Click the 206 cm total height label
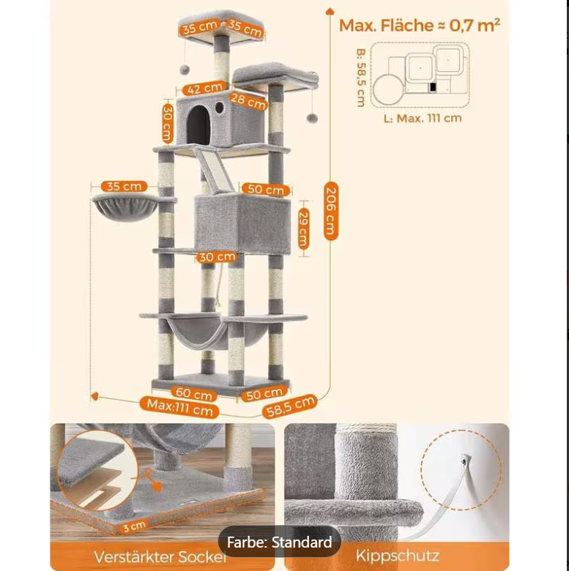tap(331, 210)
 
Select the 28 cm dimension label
tap(248, 100)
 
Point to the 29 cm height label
tap(303, 228)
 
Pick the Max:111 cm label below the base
tap(180, 407)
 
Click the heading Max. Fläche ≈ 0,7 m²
tap(419, 26)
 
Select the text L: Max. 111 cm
tap(423, 118)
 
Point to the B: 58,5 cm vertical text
tap(360, 78)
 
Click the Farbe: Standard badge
tap(279, 542)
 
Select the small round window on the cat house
tap(219, 108)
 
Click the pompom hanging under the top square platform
tap(184, 69)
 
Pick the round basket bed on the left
tap(124, 207)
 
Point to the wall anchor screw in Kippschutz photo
tap(465, 460)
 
